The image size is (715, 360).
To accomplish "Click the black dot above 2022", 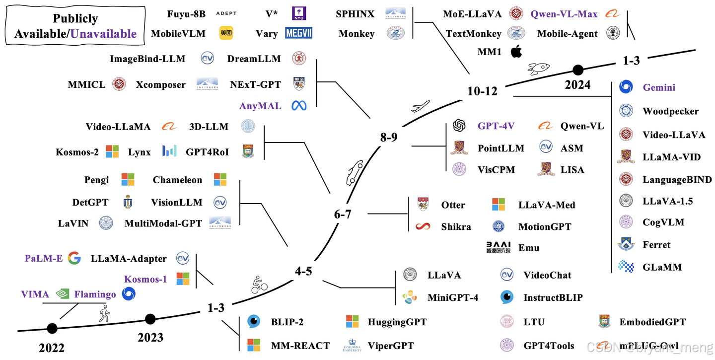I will pos(52,328).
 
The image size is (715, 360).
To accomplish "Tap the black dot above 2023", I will pos(150,319).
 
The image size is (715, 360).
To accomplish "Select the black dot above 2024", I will pos(577,70).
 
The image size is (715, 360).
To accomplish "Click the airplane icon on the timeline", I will pos(421,107).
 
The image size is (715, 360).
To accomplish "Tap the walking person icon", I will pos(104,313).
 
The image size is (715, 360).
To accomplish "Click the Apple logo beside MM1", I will pos(517,51).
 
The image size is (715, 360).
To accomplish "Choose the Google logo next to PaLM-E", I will pos(74,258).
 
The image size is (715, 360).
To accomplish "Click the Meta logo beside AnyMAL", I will pos(299,106).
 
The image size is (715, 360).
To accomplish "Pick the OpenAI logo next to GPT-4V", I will pos(459,126).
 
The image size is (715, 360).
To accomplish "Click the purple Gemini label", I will pos(659,87).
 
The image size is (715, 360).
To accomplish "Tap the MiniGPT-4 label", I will pos(453,298).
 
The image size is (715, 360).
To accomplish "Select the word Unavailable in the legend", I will pos(103,34).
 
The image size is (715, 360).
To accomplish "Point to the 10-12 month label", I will pos(482,91).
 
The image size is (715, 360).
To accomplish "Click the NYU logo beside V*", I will pos(298,14).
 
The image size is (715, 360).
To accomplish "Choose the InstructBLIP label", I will pos(553,298).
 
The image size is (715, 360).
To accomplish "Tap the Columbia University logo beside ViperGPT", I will pos(352,346).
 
